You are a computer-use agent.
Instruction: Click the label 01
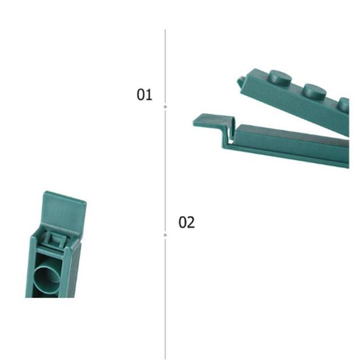click(144, 94)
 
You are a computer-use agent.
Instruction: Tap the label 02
click(186, 222)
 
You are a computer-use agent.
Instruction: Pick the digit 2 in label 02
click(191, 222)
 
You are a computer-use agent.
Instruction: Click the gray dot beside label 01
click(165, 107)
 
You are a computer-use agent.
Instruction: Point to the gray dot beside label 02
click(165, 235)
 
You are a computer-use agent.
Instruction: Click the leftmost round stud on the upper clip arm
click(280, 78)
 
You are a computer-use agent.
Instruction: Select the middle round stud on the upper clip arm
click(314, 90)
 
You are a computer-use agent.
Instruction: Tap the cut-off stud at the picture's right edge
click(344, 105)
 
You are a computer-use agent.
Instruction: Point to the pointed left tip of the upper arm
click(238, 79)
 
